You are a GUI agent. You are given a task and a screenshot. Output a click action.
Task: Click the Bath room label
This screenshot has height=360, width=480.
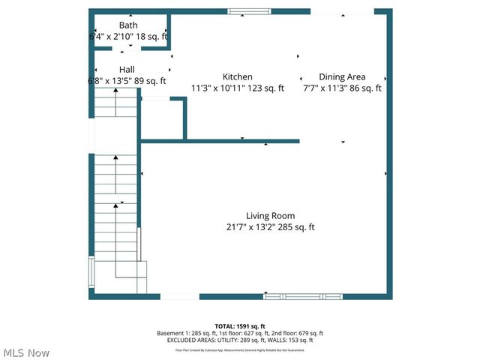point(127,25)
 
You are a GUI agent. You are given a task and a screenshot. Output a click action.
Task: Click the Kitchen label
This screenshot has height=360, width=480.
point(237,76)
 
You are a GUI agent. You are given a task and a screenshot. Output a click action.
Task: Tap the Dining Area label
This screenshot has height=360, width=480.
point(342,76)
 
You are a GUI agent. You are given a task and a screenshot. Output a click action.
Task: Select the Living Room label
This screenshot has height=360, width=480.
point(271,216)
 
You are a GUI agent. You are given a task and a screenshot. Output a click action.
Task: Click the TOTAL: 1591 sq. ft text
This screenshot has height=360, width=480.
point(239,326)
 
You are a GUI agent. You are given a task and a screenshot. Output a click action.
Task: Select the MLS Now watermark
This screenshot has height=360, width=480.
point(25,352)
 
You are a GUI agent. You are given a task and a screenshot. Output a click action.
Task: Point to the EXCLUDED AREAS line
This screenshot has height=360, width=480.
point(239,341)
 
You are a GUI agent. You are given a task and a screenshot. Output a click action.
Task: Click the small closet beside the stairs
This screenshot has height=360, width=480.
point(161,118)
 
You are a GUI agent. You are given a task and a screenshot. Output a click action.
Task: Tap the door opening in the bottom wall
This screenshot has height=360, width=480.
point(179,296)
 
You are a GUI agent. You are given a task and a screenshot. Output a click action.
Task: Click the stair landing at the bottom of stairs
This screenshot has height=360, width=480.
point(130,277)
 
